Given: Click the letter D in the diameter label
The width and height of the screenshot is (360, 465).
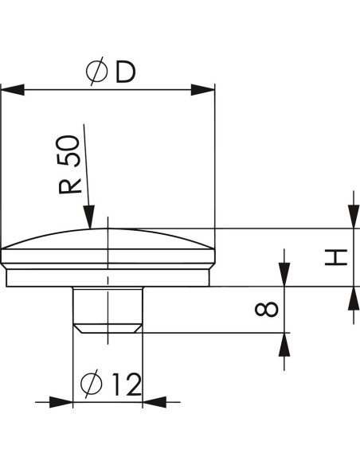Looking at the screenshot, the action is click(x=125, y=72).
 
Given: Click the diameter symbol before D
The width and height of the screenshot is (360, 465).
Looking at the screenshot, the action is click(x=96, y=71).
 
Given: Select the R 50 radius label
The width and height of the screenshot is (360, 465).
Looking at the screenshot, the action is click(x=69, y=165).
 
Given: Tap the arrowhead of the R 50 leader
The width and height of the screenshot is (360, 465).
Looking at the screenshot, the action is click(x=89, y=217).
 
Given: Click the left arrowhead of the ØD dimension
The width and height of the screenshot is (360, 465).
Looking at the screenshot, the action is click(x=13, y=89).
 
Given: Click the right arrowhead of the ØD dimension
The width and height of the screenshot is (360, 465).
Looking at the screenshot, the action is click(x=202, y=89).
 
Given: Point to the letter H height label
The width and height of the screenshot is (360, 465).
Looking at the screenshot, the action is click(x=336, y=257).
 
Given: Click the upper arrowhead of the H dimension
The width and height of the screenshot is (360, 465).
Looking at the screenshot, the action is click(x=354, y=217).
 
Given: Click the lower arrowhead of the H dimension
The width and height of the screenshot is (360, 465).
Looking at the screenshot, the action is click(x=354, y=299).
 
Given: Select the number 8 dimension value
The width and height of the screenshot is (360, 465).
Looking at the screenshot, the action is click(x=267, y=309).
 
